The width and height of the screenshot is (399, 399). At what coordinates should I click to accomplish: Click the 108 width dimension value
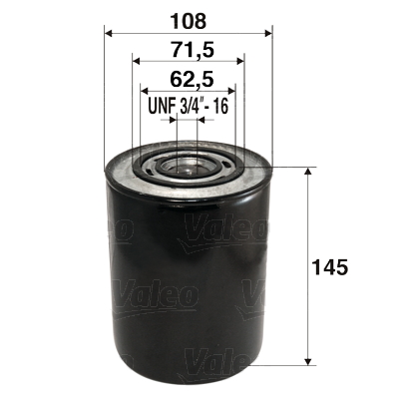click(x=188, y=17)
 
